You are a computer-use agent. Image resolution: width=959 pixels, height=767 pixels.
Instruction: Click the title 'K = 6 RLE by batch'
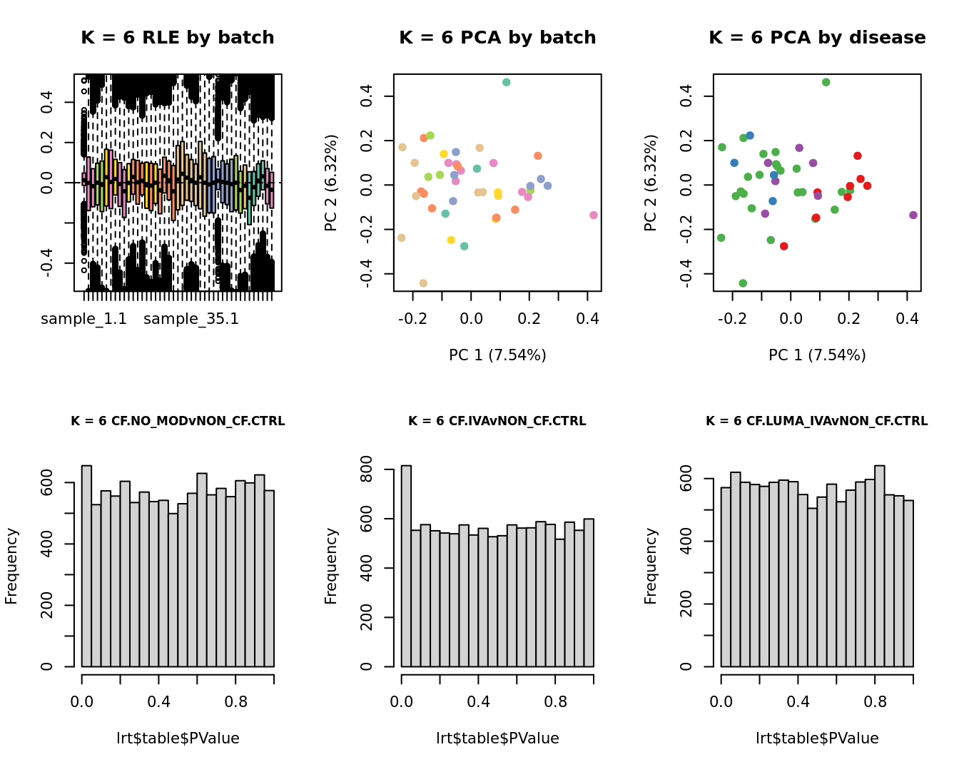click(x=177, y=38)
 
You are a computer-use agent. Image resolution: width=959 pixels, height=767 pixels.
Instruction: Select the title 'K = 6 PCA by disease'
click(x=817, y=38)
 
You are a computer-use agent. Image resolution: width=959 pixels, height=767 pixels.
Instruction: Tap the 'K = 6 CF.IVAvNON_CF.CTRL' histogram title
click(x=497, y=421)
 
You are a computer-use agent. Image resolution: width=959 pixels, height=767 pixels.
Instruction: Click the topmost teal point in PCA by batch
click(x=506, y=82)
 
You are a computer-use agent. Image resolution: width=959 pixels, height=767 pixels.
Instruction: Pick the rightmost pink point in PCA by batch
click(x=594, y=215)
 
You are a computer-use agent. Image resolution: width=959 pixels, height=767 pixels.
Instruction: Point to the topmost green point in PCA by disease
click(x=826, y=82)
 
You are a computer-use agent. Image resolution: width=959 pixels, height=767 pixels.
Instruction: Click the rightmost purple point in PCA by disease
click(x=913, y=215)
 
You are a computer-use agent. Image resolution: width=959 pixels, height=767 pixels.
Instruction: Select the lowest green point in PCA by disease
click(x=743, y=283)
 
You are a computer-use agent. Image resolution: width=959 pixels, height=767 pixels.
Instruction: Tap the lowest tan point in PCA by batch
click(x=423, y=283)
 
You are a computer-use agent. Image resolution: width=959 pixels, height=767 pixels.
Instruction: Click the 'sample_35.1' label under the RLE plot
click(x=191, y=319)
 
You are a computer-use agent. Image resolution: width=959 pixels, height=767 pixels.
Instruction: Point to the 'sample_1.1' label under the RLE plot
click(x=83, y=319)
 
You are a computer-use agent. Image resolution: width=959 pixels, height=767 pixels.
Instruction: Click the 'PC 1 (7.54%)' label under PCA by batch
click(x=497, y=355)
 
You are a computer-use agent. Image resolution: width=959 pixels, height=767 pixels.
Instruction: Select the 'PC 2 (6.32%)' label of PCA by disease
click(x=651, y=183)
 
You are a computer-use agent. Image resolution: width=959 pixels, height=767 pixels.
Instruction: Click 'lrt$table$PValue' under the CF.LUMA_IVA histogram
click(x=817, y=738)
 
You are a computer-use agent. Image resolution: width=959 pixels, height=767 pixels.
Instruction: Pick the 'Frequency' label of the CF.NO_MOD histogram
click(x=11, y=566)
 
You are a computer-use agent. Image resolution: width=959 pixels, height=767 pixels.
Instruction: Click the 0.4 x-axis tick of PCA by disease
click(x=907, y=317)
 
